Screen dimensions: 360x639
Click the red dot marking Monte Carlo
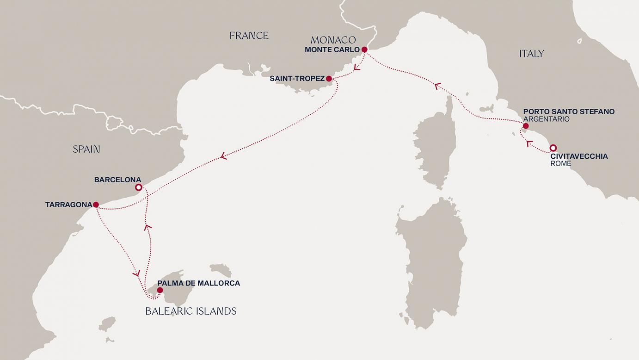click(364, 50)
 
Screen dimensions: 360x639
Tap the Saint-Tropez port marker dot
click(329, 79)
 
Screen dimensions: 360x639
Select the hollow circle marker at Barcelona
click(138, 187)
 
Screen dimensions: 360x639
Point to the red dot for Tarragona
click(96, 205)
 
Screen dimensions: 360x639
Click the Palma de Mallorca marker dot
click(160, 291)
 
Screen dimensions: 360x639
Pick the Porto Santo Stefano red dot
click(525, 126)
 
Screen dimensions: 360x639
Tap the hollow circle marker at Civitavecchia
click(553, 148)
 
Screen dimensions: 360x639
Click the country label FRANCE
click(249, 36)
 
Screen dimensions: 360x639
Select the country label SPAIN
click(86, 149)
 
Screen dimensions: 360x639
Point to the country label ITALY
click(531, 54)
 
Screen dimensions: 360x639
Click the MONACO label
click(333, 40)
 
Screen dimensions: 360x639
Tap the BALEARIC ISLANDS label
click(191, 311)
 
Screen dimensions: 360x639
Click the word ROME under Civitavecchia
click(561, 164)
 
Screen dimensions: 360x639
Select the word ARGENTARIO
click(546, 119)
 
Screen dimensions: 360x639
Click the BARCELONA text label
click(117, 180)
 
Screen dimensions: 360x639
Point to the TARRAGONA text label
click(68, 205)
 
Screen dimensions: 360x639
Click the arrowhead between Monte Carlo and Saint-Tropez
click(356, 68)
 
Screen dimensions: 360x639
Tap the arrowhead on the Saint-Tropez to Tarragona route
click(224, 156)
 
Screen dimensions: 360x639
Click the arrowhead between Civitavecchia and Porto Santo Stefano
click(528, 144)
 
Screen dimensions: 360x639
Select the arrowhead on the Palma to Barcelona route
click(147, 227)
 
